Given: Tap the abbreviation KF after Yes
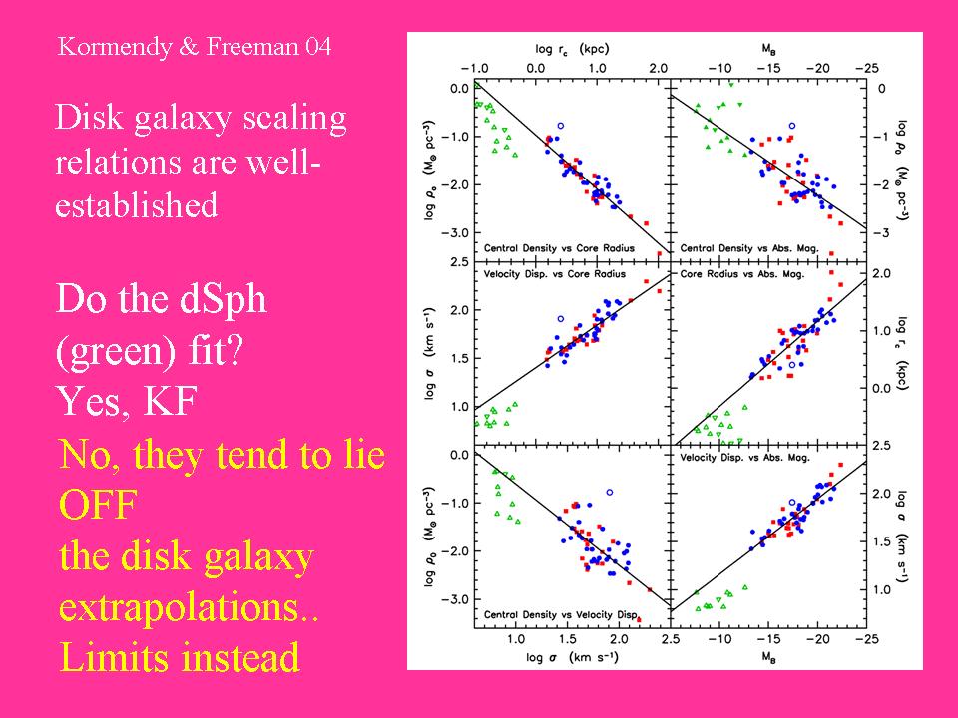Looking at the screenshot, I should (170, 401).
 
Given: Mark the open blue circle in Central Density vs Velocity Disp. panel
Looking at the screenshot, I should (609, 492).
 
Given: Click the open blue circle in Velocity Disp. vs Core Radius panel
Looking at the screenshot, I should (561, 319).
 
